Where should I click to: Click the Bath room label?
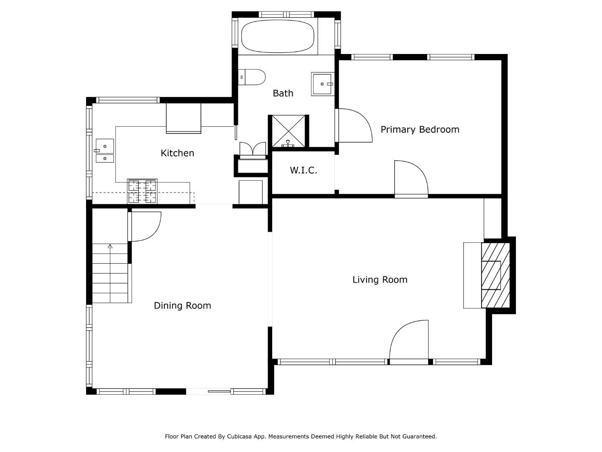point(283,93)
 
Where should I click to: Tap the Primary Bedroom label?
point(420,130)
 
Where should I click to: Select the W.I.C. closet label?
point(304,170)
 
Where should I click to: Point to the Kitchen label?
point(177,153)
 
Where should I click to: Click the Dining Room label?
point(182,306)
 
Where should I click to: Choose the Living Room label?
point(380,280)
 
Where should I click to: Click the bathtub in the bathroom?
point(278,36)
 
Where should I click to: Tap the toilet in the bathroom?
point(252,77)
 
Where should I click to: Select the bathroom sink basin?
point(322,84)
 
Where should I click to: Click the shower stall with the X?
point(288,131)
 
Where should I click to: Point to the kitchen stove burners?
point(142,191)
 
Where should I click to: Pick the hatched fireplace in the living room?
point(495,275)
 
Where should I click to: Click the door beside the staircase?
point(145,227)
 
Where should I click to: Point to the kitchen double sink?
point(105,151)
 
